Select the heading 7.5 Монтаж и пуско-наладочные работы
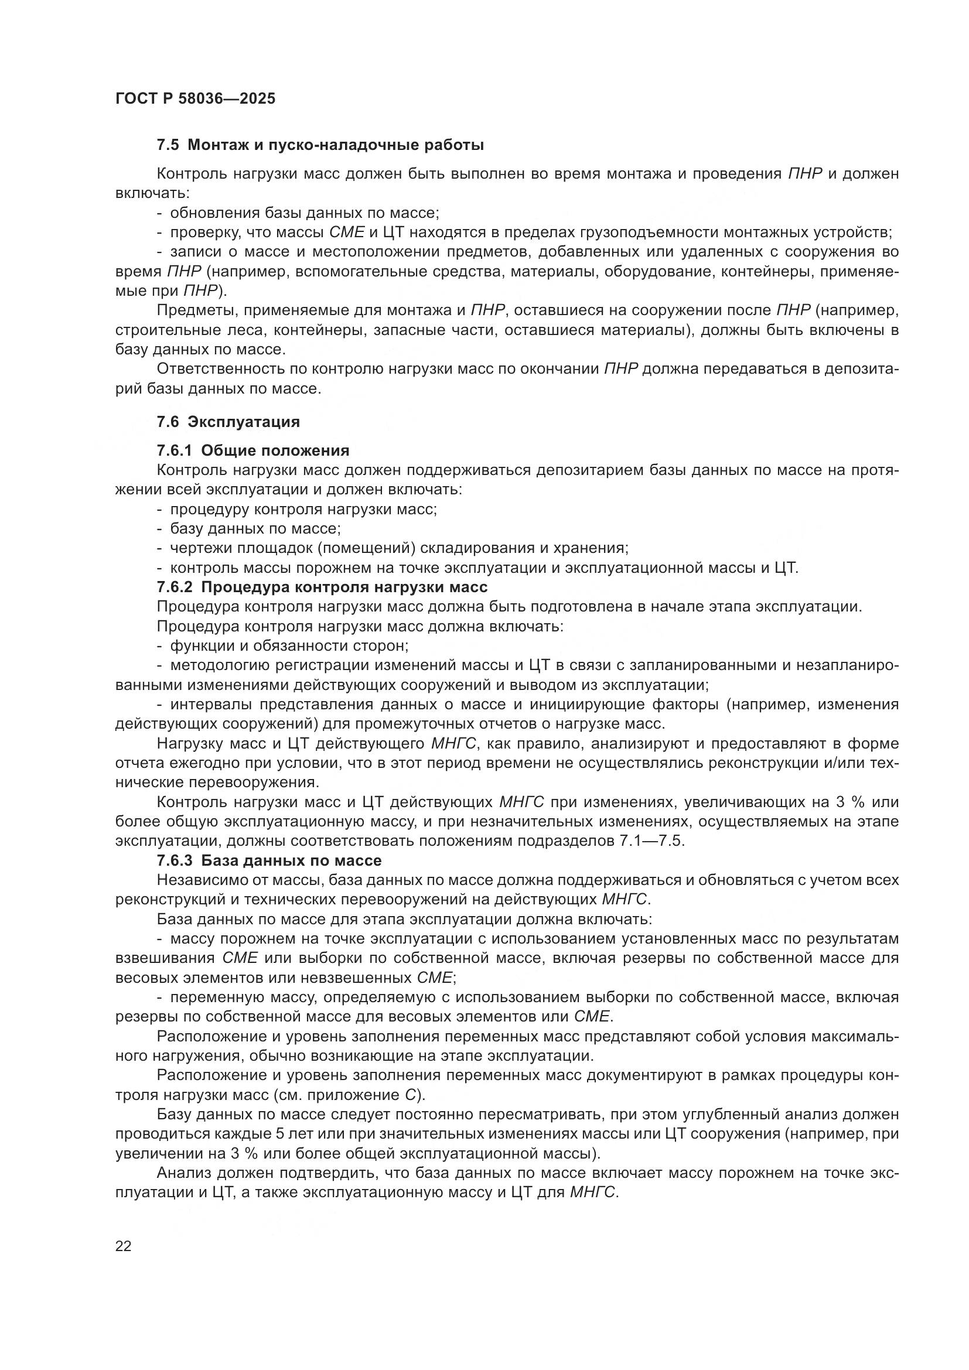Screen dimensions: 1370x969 [320, 145]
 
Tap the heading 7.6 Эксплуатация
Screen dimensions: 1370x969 [228, 422]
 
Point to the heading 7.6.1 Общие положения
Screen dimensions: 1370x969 [253, 450]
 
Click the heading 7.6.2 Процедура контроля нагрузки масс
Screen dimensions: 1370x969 [322, 586]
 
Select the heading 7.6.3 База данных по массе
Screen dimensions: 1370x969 [269, 860]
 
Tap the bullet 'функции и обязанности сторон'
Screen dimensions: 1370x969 [289, 645]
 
